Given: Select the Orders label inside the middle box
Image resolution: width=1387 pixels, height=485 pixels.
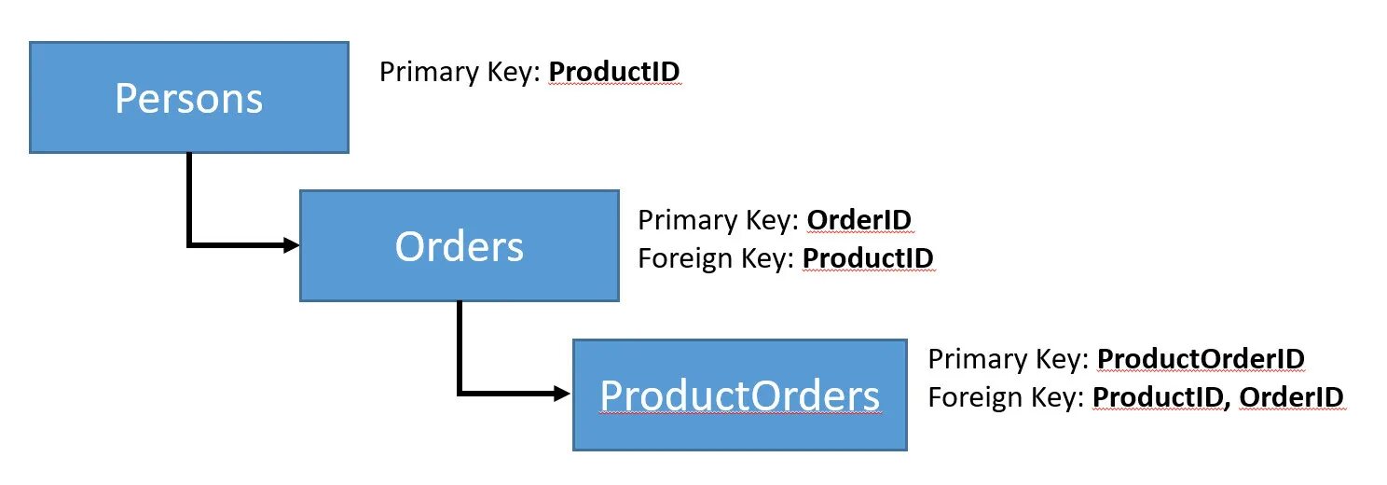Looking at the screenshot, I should click(459, 246).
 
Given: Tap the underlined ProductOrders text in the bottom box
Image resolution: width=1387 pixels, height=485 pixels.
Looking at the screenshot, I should click(739, 395).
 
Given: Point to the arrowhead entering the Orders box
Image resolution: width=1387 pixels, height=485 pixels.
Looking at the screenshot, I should click(292, 245).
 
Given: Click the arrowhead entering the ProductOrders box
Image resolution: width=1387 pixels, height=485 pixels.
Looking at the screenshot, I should click(562, 394).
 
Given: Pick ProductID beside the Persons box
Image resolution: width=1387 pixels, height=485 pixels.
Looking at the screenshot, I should click(614, 72).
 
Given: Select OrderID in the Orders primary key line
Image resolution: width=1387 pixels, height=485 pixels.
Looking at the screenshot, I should click(858, 220).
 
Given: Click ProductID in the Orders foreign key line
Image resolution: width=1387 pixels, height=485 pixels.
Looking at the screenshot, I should click(868, 257).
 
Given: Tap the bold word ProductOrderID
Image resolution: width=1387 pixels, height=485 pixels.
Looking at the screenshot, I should click(1201, 359).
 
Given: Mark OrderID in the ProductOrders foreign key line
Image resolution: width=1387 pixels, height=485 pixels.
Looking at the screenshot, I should click(1293, 397).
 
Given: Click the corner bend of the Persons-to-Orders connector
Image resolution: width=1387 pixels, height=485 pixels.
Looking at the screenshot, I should click(189, 245).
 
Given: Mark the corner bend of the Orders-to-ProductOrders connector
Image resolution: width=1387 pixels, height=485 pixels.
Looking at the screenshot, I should click(460, 394).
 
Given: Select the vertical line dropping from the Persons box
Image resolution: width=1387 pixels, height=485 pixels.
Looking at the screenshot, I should click(189, 196).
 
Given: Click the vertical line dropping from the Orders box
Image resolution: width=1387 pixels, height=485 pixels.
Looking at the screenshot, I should click(460, 345).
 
